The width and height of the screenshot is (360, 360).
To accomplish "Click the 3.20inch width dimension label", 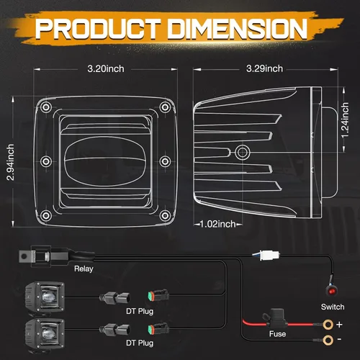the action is (x=106, y=69).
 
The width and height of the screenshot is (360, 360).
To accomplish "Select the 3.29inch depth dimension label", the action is (x=264, y=69).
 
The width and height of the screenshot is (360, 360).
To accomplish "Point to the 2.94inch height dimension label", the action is (x=10, y=162).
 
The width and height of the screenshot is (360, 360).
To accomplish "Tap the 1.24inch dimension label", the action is (x=344, y=120).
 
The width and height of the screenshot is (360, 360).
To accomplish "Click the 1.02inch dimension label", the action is (x=218, y=224).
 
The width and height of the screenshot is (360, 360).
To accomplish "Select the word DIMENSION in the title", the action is (x=238, y=29).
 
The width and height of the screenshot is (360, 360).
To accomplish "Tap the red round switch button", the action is (x=332, y=292).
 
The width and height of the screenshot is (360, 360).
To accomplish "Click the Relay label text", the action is (x=84, y=269).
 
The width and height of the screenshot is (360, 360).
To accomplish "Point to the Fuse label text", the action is (x=277, y=334).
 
